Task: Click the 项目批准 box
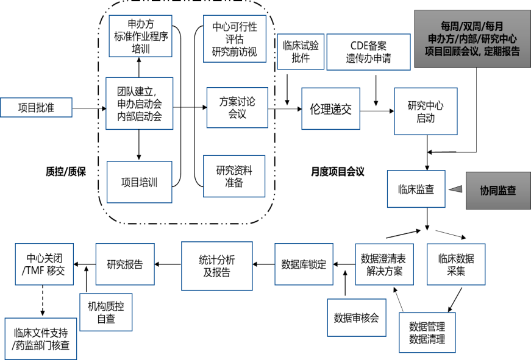pos(36,108)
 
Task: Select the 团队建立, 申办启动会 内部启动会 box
pos(139,103)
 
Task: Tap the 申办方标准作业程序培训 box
pos(139,36)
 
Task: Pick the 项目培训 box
pos(139,182)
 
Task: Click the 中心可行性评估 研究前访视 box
pos(235,40)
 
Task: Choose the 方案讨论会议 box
pos(237,108)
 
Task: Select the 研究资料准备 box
pos(235,176)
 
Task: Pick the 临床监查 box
pos(417,189)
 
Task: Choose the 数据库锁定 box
pos(304,264)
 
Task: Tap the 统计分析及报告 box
pos(217,266)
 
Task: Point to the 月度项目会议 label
pos(337,172)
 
